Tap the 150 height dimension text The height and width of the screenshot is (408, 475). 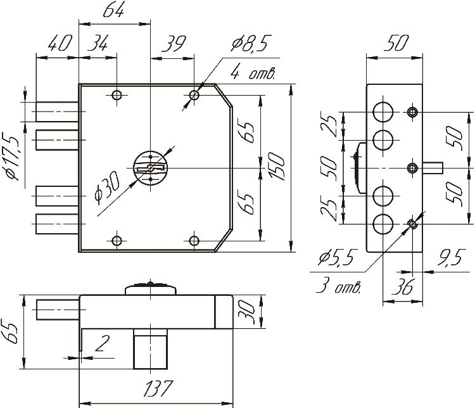click(277, 167)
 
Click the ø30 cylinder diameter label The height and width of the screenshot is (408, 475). click(108, 200)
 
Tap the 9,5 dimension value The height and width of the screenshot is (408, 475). click(448, 258)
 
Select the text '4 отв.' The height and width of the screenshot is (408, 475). click(253, 73)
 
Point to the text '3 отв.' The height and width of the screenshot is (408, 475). click(338, 287)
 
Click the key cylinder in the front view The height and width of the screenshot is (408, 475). click(151, 167)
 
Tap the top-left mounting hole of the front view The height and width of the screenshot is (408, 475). click(117, 95)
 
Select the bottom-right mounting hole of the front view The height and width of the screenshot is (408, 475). click(194, 241)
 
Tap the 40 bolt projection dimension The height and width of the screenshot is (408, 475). click(58, 44)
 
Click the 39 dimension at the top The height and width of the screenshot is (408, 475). click(172, 44)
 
